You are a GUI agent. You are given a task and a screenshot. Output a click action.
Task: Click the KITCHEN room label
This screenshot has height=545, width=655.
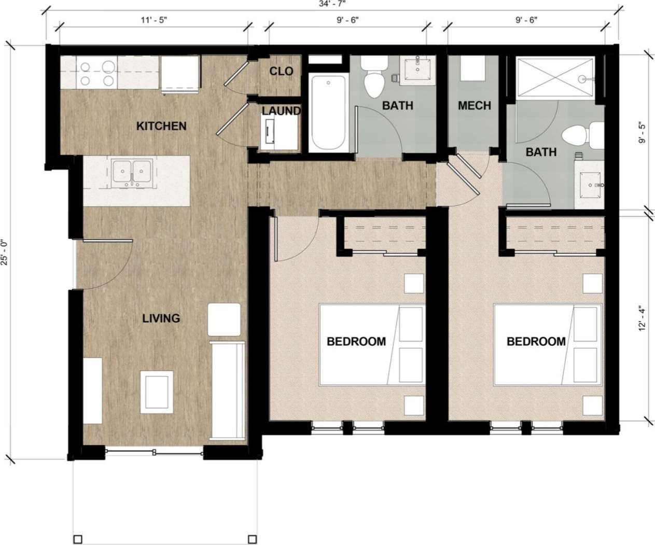point(161,126)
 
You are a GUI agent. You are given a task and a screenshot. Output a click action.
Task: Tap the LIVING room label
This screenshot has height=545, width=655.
point(161,318)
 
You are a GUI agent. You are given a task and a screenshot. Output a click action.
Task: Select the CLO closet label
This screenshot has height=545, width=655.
point(281,71)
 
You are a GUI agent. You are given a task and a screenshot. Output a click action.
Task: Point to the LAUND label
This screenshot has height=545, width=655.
point(281,111)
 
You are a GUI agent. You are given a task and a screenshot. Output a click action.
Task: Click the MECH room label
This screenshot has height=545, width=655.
point(474,106)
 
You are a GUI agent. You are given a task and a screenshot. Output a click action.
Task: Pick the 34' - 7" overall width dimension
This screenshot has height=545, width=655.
point(332,4)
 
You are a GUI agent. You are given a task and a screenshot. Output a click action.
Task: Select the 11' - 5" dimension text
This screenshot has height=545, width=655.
point(154,20)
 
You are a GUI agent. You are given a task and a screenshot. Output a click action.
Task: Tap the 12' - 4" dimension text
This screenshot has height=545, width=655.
point(644,318)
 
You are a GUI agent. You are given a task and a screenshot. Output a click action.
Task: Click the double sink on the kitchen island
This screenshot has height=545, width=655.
point(132,172)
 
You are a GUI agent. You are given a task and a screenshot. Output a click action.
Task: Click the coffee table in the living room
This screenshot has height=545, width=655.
point(157,392)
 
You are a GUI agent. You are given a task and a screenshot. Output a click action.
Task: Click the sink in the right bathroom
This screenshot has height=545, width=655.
point(590,185)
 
